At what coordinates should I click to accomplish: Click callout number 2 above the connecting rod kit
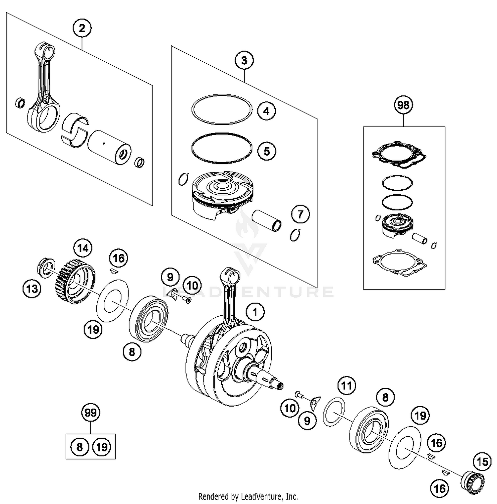[x=82, y=28]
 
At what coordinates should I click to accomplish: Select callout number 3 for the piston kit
[x=244, y=61]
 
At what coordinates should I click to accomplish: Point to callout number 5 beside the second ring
[x=266, y=151]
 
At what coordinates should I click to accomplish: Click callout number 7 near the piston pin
[x=300, y=214]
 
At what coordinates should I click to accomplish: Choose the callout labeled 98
[x=403, y=105]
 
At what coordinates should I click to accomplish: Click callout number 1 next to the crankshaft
[x=255, y=312]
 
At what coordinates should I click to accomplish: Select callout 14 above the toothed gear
[x=83, y=248]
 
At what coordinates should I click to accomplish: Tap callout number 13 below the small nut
[x=32, y=288]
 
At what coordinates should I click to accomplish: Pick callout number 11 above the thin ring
[x=346, y=386]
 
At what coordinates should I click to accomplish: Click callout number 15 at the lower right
[x=482, y=462]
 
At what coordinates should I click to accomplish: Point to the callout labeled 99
[x=90, y=413]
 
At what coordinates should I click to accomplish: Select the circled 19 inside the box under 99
[x=102, y=447]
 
